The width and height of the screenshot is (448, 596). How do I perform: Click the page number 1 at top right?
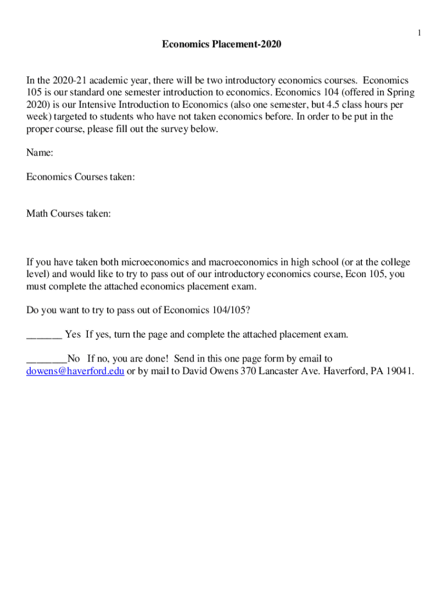point(419,33)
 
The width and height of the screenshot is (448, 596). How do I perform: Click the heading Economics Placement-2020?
point(221,44)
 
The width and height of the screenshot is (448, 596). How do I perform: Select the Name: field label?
point(40,153)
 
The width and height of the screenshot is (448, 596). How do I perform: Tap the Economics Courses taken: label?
point(81,177)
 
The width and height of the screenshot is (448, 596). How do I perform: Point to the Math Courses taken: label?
point(69,214)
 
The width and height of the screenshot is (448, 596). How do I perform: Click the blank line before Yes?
point(44,335)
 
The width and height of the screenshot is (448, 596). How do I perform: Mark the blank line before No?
point(47,359)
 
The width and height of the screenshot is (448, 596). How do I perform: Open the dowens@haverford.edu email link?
point(75,371)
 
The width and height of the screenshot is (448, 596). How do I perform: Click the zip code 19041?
point(399,371)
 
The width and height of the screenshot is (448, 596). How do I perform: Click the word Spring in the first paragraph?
point(401,93)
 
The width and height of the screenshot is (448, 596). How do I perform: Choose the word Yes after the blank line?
point(73,335)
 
